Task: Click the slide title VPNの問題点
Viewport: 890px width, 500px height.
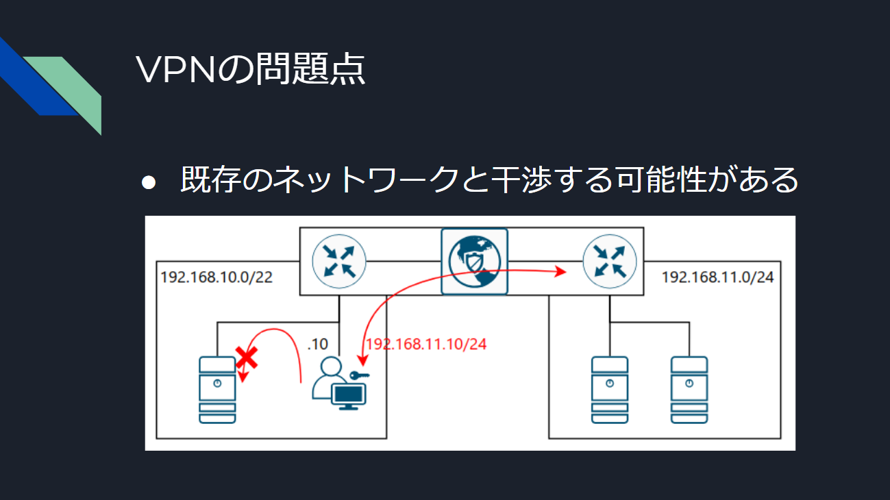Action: click(250, 69)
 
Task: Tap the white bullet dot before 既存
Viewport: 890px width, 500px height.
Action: click(149, 182)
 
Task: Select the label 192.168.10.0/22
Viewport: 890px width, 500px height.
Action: click(217, 277)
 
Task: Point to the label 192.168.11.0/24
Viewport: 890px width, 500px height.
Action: click(717, 277)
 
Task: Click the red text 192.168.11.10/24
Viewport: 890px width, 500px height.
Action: click(426, 344)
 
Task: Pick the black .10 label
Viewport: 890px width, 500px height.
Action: click(318, 344)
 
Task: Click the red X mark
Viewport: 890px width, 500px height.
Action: click(247, 358)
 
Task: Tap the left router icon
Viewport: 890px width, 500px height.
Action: click(339, 262)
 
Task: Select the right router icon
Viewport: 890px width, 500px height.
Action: click(610, 262)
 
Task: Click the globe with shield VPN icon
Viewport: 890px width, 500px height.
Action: click(474, 262)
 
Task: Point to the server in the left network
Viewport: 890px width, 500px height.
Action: click(217, 390)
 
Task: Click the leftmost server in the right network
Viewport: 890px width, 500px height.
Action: click(610, 390)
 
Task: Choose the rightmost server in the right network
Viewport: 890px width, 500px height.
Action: click(689, 390)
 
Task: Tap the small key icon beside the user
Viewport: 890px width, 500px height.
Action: click(359, 375)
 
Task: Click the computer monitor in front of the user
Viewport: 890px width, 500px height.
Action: click(349, 397)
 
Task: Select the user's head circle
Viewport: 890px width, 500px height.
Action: click(331, 366)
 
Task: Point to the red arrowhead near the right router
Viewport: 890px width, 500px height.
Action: click(560, 272)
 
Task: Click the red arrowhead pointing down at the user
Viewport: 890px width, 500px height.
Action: click(362, 360)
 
